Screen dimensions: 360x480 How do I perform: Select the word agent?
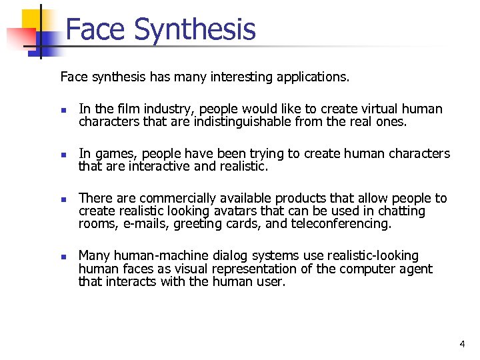tap(414, 269)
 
